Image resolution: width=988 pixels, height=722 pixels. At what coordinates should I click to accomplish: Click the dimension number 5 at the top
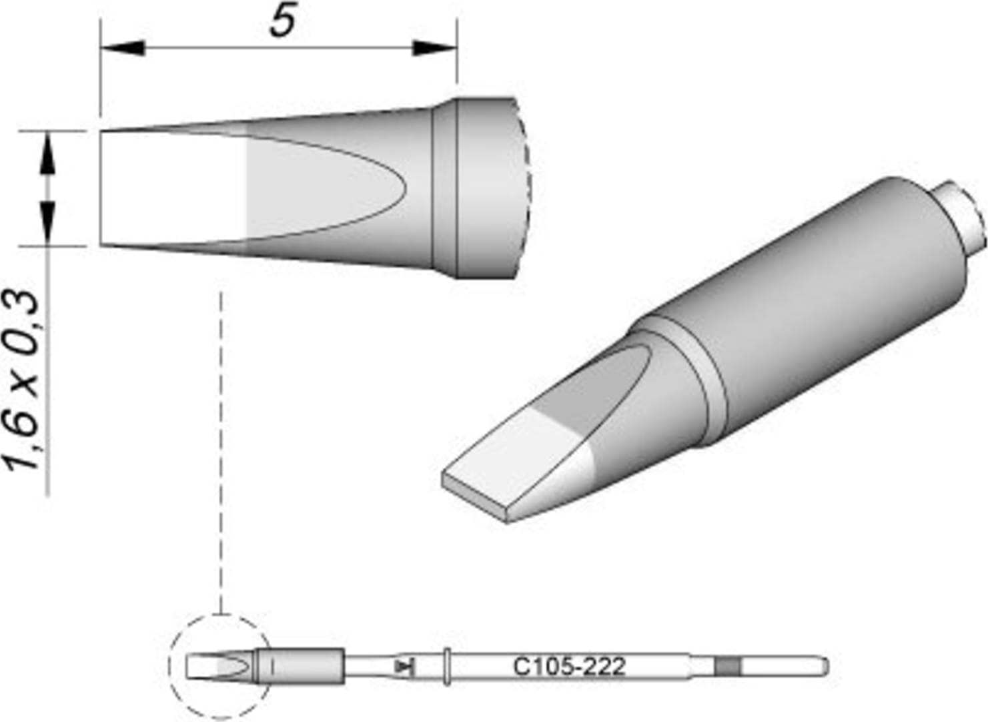click(x=283, y=23)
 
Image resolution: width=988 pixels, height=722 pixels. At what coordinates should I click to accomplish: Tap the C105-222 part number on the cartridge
click(x=569, y=666)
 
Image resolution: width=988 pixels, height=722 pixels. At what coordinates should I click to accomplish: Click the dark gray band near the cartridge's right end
click(x=727, y=666)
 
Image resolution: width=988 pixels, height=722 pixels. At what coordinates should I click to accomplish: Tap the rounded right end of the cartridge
click(x=825, y=666)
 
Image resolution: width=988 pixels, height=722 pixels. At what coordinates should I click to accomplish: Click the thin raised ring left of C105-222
click(x=446, y=666)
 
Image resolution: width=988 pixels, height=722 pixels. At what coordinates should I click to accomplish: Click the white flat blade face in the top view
click(x=173, y=188)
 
